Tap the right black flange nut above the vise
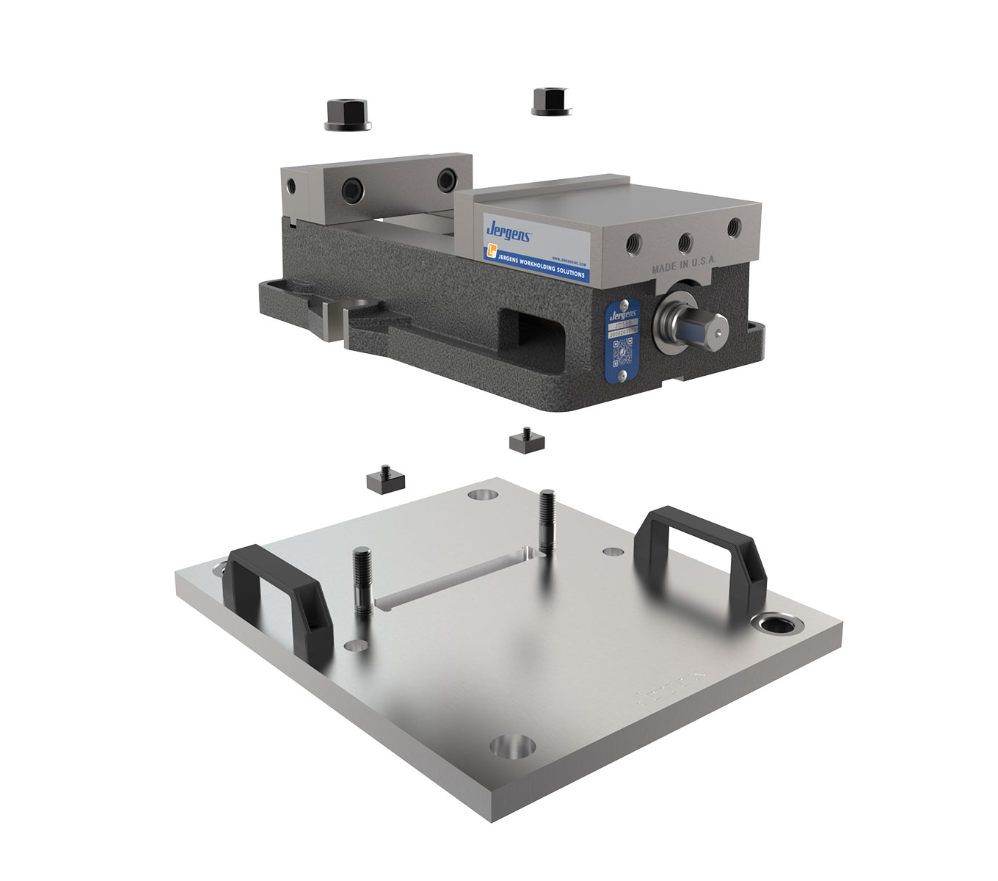(x=550, y=101)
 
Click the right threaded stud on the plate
(x=547, y=520)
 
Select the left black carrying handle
(x=279, y=595)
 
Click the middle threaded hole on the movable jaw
(x=685, y=241)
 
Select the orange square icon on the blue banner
(x=491, y=252)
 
